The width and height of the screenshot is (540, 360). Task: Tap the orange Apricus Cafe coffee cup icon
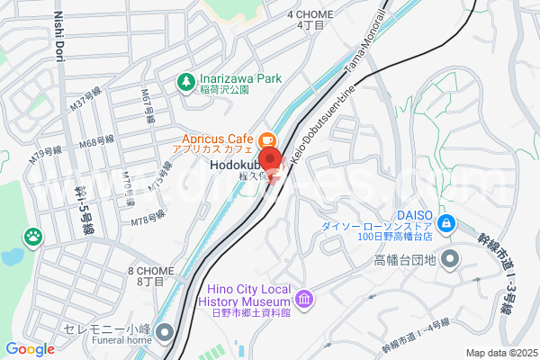[266, 140]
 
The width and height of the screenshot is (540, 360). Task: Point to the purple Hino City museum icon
[305, 298]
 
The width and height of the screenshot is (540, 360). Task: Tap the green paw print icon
[33, 237]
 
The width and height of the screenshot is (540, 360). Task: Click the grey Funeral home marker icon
[164, 334]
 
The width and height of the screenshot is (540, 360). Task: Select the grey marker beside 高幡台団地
[449, 261]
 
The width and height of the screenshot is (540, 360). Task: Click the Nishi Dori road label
[60, 44]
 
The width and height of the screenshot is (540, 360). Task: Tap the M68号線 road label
[96, 142]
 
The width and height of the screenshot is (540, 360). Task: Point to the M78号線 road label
[148, 219]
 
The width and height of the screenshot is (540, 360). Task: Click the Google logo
[30, 349]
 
